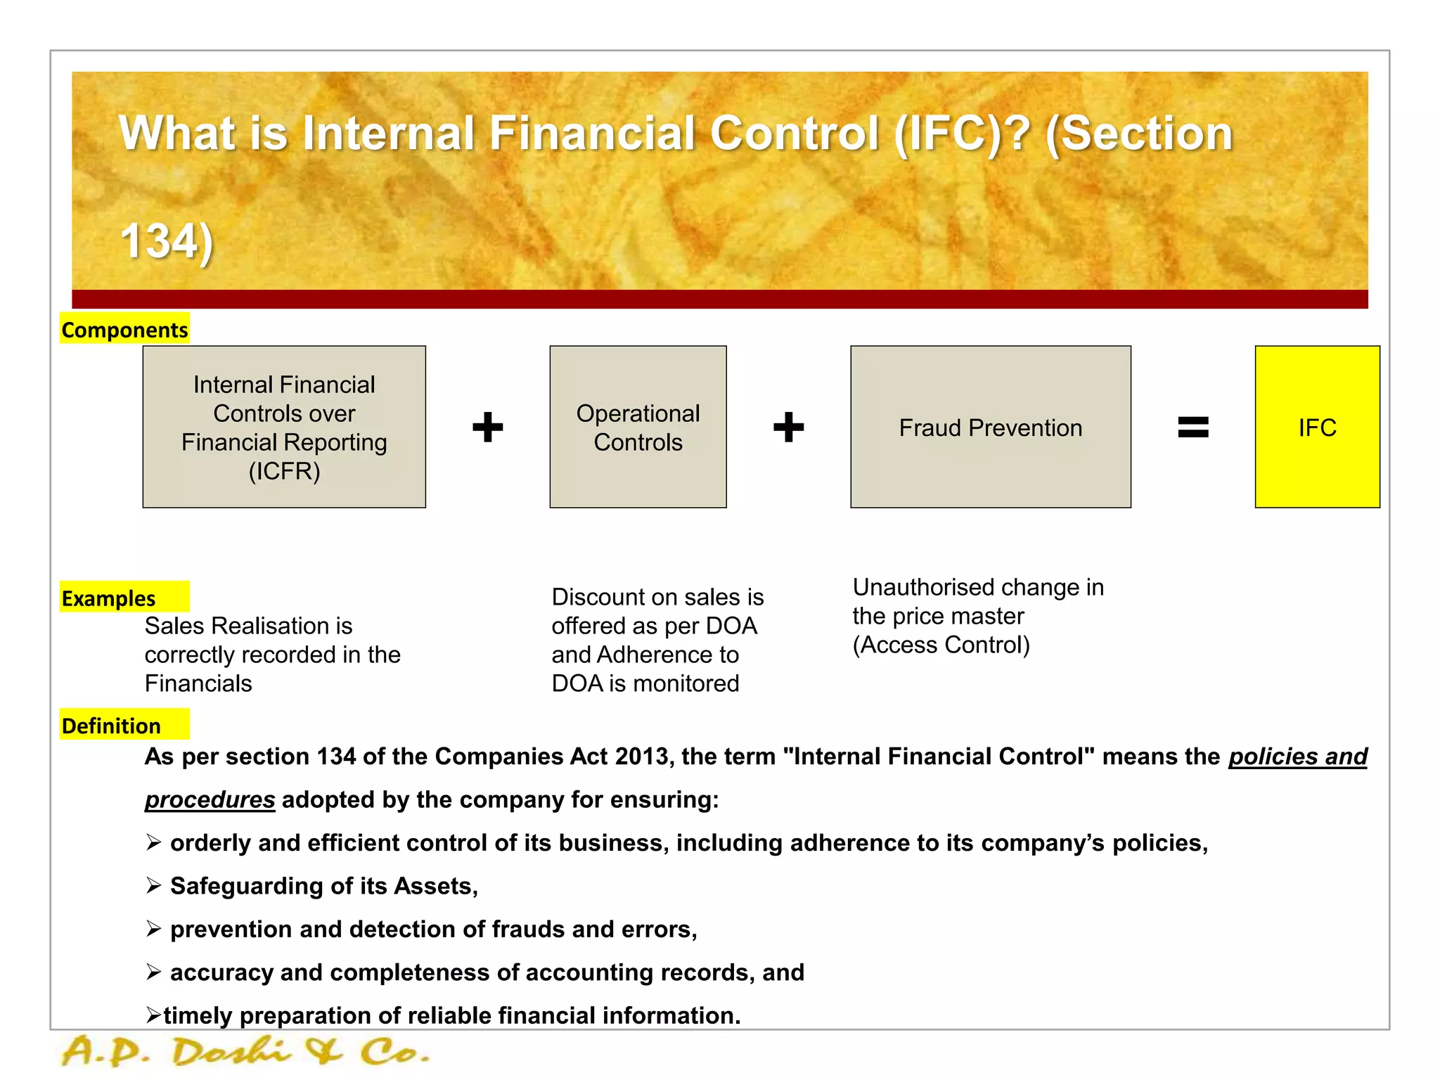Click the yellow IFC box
point(1317,427)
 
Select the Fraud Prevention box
point(990,427)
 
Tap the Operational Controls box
point(638,427)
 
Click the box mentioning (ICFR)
point(284,427)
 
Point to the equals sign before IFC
point(1192,427)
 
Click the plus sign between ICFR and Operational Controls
point(487,427)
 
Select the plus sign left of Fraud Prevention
point(788,427)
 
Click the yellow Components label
point(124,329)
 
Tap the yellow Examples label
point(109,598)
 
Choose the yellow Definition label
point(112,725)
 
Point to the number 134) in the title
point(167,241)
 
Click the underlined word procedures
point(210,799)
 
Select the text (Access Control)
point(941,645)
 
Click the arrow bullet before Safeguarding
point(154,885)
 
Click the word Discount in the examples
point(596,597)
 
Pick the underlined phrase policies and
point(1297,757)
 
